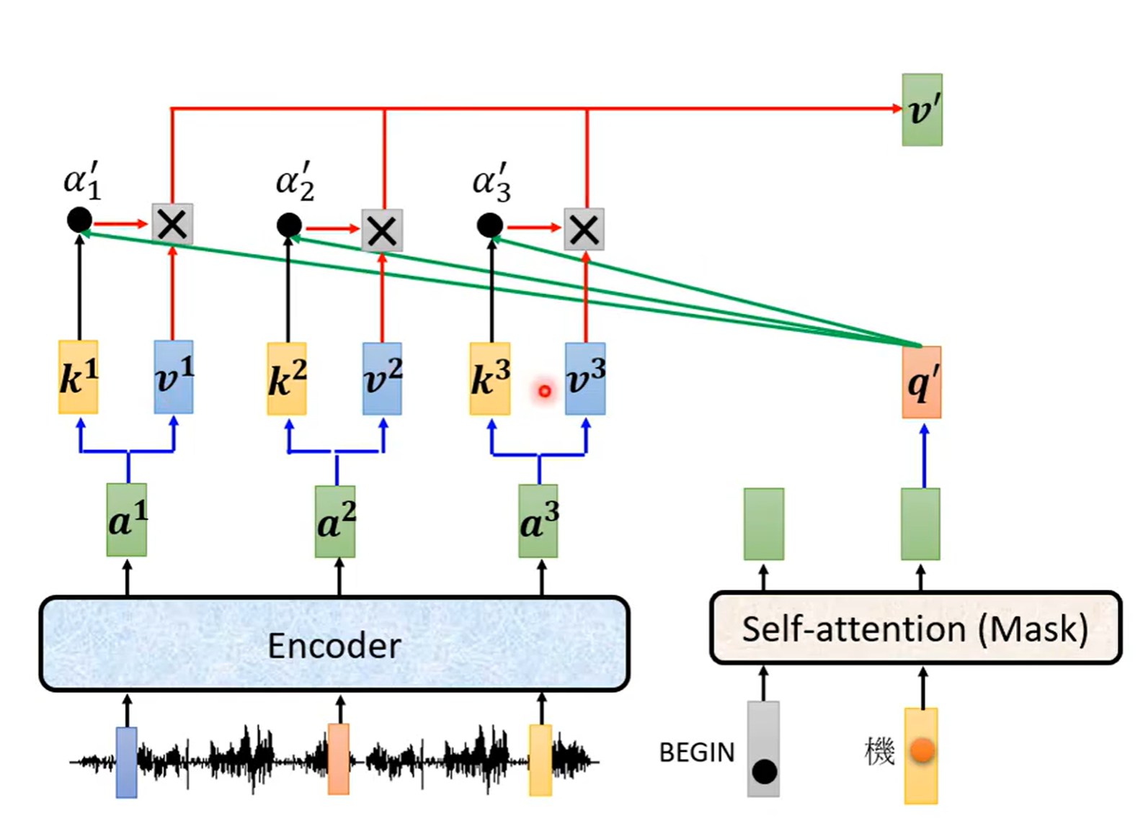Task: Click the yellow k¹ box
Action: tap(78, 377)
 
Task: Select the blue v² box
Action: tap(382, 378)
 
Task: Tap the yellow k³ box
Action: tap(490, 378)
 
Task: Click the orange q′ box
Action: tap(922, 382)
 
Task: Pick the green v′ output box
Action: tap(922, 109)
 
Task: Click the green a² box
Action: tap(335, 521)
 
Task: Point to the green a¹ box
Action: tap(127, 520)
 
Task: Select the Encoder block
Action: tap(334, 643)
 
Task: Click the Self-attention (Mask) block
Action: tap(916, 628)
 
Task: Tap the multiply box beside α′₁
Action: tap(172, 223)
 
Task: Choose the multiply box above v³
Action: tap(584, 229)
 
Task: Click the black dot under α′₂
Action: tap(289, 225)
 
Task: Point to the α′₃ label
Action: tap(492, 182)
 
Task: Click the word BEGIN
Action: tap(697, 752)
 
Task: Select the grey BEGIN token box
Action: tap(763, 749)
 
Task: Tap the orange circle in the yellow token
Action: tap(922, 750)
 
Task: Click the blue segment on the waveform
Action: tap(127, 763)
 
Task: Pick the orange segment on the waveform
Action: tap(338, 759)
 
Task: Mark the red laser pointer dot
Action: tap(544, 391)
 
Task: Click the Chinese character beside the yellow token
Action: tap(880, 752)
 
